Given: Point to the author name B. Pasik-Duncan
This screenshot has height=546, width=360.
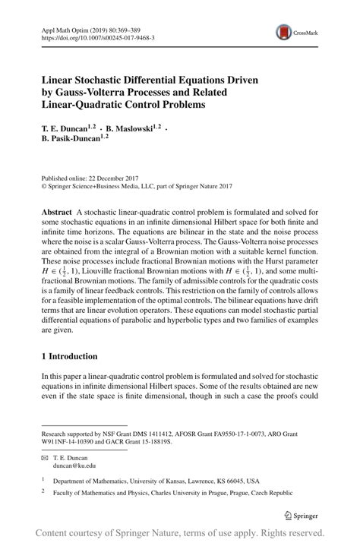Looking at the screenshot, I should pyautogui.click(x=74, y=139).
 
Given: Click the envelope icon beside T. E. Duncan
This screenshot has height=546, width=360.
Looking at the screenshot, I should pyautogui.click(x=45, y=458).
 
